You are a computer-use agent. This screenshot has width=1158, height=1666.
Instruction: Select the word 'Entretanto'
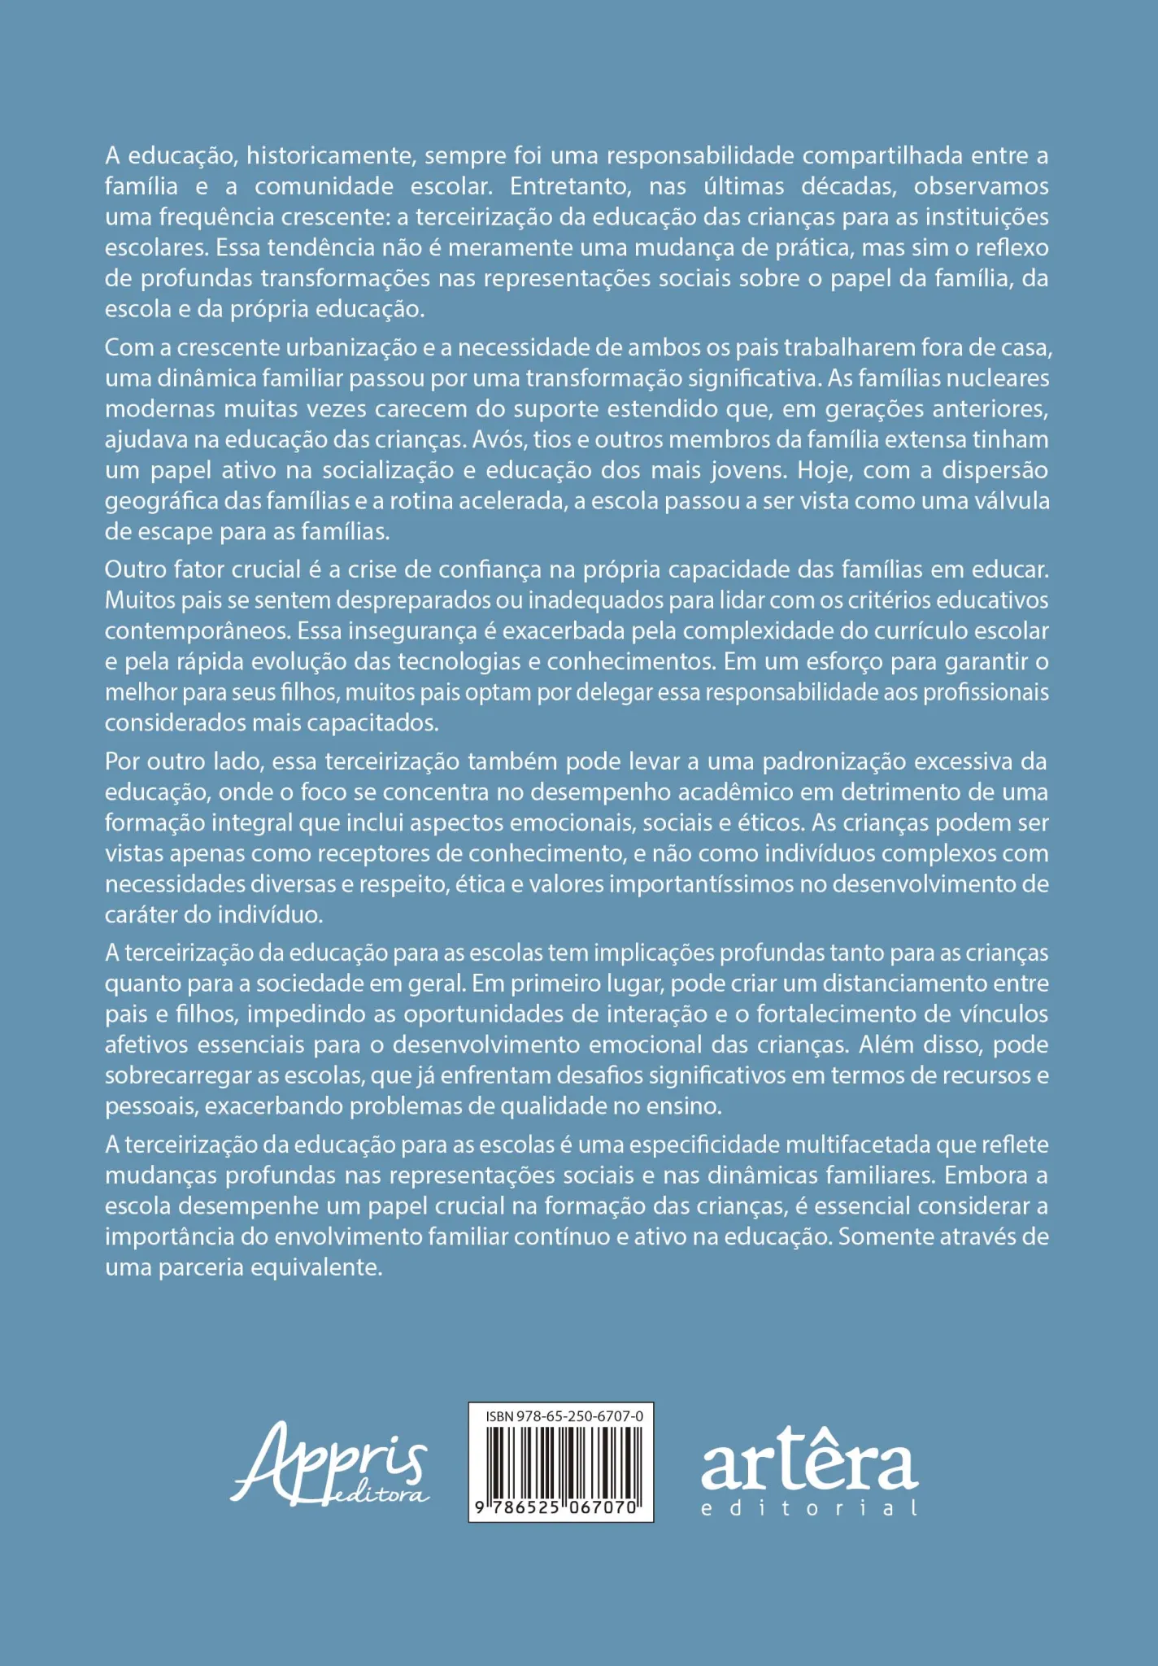coord(569,186)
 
